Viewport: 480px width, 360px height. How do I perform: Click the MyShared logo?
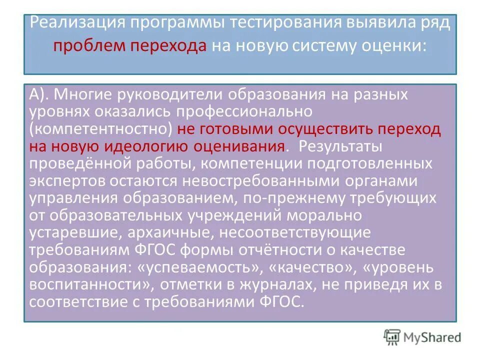pos(422,337)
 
